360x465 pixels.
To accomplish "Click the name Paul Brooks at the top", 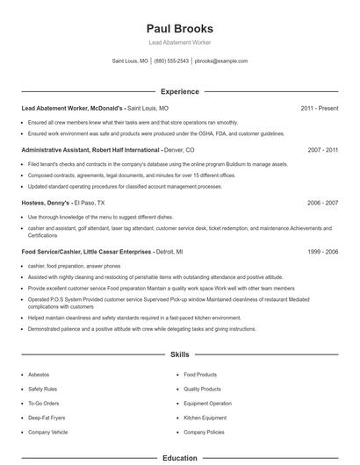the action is click(x=179, y=27).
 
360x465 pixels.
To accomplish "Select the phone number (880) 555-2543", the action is click(x=171, y=61).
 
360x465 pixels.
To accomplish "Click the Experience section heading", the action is click(x=179, y=91).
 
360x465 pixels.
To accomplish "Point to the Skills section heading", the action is click(x=179, y=355).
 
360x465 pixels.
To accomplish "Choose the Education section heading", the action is click(x=179, y=458).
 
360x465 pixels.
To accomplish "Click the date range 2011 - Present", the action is click(x=319, y=108).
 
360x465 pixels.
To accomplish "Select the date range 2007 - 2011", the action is click(x=322, y=150).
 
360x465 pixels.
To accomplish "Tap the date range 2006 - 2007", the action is click(x=322, y=202).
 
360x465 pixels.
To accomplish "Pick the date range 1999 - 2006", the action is click(x=322, y=251).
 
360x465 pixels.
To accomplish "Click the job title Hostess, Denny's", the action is click(x=46, y=202).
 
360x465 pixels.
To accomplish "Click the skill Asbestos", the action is click(x=40, y=374).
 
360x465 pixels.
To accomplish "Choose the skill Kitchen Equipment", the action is click(x=205, y=418).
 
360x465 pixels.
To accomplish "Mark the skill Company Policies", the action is click(x=204, y=433).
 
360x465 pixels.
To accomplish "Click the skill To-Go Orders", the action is click(x=43, y=404).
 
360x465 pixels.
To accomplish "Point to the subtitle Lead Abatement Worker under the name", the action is click(x=179, y=42).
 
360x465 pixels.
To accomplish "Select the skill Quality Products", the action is click(x=202, y=389).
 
